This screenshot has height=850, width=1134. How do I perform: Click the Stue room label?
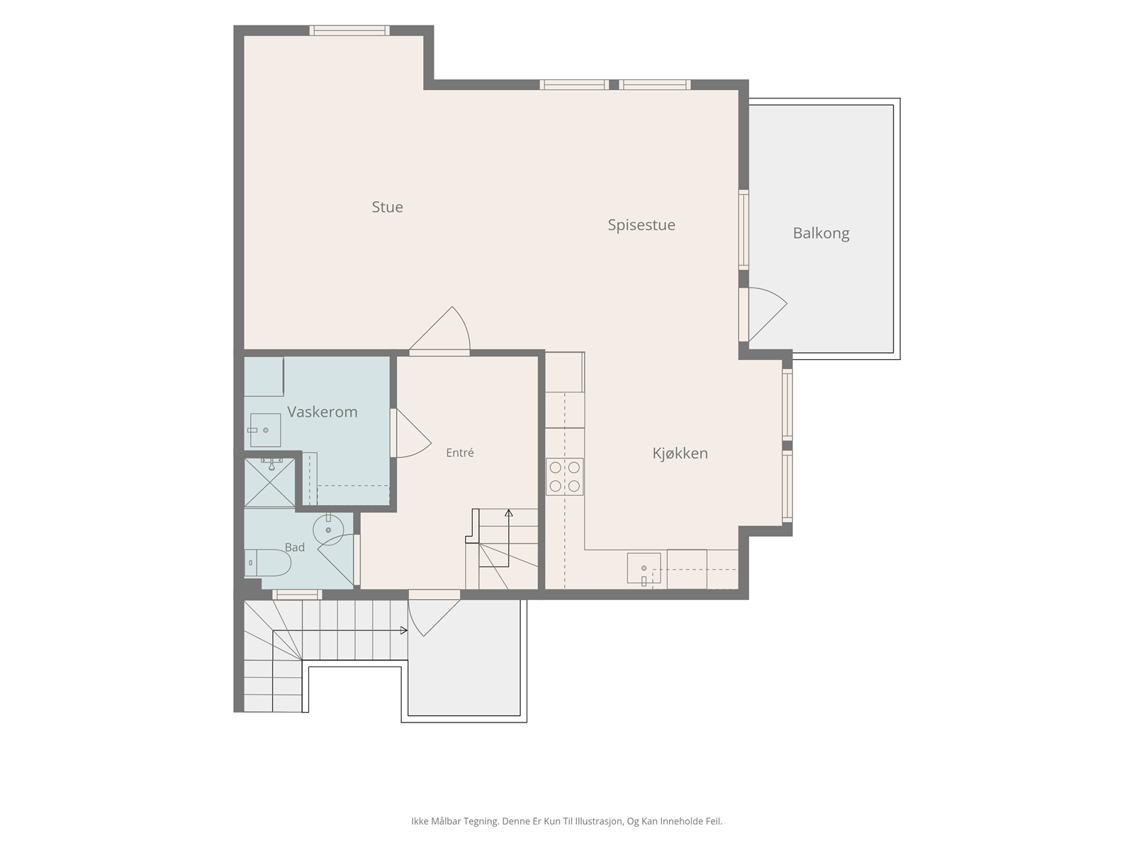[387, 207]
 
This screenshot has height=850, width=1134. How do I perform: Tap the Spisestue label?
[641, 225]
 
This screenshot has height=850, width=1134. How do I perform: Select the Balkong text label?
[821, 233]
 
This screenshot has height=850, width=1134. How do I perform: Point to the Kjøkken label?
[680, 453]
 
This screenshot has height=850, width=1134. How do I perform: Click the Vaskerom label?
[322, 412]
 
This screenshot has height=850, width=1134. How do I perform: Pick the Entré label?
[460, 453]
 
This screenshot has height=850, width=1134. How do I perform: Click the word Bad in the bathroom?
[294, 547]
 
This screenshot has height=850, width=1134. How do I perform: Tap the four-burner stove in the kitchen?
[564, 477]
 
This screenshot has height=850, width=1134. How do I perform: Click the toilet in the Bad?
[267, 562]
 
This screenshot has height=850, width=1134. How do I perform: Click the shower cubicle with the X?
[270, 482]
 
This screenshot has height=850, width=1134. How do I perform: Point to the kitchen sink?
[644, 568]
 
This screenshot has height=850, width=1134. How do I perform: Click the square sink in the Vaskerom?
[266, 430]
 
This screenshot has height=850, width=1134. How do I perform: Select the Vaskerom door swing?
[413, 433]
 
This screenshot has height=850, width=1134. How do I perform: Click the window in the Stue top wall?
[349, 30]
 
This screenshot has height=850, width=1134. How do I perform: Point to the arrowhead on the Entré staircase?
[509, 513]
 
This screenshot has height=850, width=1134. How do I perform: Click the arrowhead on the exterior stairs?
[403, 630]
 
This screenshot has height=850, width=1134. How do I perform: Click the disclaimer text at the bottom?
[567, 821]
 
